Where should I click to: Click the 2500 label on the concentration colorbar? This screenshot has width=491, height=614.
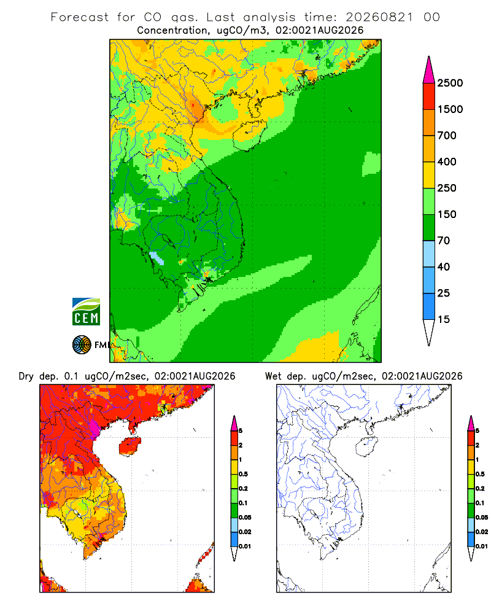[x=450, y=83]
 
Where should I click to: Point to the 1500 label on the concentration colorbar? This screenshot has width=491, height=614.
[x=450, y=109]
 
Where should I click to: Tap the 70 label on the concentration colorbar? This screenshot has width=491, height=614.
[x=444, y=241]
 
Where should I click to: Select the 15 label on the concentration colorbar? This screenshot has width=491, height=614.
[x=444, y=319]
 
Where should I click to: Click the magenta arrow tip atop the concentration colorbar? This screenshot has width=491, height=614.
[x=429, y=70]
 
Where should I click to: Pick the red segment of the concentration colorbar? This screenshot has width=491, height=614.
[x=429, y=96]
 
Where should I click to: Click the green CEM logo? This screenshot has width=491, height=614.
[x=86, y=312]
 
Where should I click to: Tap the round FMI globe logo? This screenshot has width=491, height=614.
[x=82, y=345]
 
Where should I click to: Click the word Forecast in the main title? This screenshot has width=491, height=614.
[x=80, y=17]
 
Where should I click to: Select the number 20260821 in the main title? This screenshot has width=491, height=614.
[x=379, y=17]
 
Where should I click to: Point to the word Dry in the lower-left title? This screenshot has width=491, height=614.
[x=26, y=377]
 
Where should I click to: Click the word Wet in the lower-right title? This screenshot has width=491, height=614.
[x=273, y=376]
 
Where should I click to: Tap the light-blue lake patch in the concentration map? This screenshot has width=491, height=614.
[x=157, y=258]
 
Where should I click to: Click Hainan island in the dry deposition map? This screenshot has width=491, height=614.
[x=130, y=446]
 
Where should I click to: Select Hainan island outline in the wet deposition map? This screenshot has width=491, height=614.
[x=367, y=446]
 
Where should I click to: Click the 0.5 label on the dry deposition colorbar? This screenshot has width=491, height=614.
[x=243, y=474]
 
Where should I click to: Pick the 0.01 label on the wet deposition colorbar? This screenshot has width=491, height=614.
[x=482, y=546]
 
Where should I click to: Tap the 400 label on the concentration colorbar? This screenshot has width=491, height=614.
[x=447, y=161]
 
